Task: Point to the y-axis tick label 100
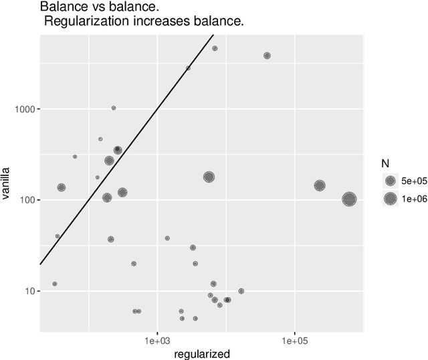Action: tap(27, 200)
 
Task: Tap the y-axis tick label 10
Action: tap(29, 291)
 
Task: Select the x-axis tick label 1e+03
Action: tap(157, 341)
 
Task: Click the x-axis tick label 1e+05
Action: tap(294, 341)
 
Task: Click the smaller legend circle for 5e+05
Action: tap(390, 181)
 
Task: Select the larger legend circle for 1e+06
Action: tap(390, 199)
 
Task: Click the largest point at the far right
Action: tap(349, 199)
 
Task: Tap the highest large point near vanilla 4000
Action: tap(267, 56)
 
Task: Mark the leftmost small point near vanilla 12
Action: tap(55, 284)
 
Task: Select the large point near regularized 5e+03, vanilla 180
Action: tap(209, 177)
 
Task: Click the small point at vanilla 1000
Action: tap(114, 108)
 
